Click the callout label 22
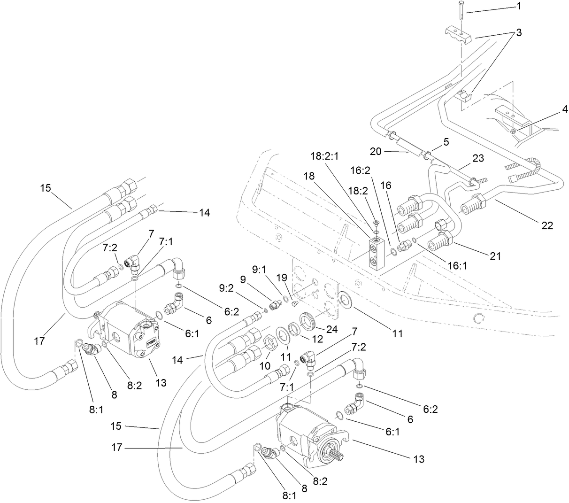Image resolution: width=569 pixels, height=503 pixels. click(547, 226)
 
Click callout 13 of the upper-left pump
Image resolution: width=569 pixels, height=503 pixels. click(161, 383)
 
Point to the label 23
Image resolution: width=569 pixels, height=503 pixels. click(478, 158)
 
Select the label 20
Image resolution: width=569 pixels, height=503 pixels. click(376, 151)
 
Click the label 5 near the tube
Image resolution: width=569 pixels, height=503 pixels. click(446, 141)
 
